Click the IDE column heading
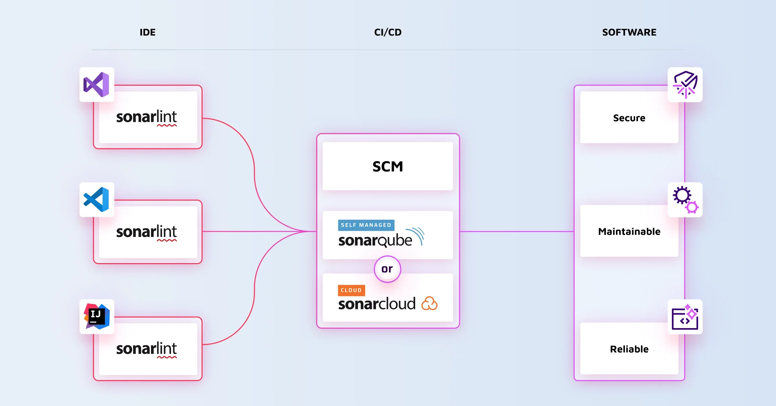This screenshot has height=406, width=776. [x=147, y=32]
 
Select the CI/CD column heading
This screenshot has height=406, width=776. [x=388, y=32]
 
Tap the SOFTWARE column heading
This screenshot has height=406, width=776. [x=629, y=32]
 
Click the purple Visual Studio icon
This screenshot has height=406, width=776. [x=96, y=85]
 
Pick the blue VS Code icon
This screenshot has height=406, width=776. [x=96, y=199]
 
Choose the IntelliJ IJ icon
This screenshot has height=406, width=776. [x=96, y=316]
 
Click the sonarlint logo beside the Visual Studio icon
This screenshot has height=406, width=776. [x=146, y=117]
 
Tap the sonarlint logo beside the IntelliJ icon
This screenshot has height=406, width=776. [x=146, y=349]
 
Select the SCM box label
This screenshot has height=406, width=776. [x=388, y=166]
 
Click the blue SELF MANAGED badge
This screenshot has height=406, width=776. [x=366, y=225]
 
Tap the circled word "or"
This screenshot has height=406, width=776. [x=387, y=269]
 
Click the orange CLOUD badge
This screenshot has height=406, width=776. [x=351, y=290]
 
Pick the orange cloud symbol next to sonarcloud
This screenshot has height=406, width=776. [x=429, y=304]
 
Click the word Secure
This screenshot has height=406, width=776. [x=629, y=118]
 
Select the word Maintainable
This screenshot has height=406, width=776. [x=629, y=231]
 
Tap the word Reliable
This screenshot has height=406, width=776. [x=629, y=349]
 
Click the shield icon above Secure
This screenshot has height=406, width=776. [x=685, y=85]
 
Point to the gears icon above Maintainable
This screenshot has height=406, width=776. [x=685, y=199]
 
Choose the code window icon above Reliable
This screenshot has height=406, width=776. [x=685, y=317]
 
